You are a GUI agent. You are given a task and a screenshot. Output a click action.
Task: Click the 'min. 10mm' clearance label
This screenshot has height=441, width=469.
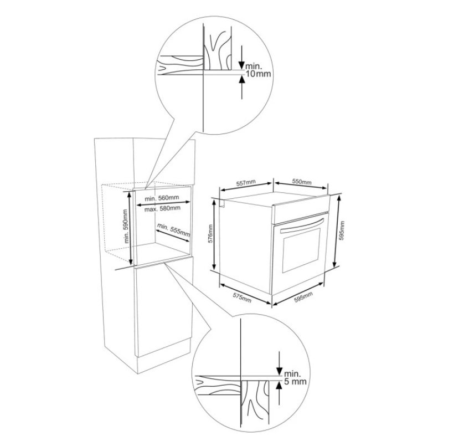(x=258, y=70)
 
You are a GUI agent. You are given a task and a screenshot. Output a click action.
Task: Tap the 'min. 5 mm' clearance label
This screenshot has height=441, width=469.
(x=295, y=377)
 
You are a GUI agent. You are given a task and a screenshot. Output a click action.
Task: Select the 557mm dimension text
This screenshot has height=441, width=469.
(x=246, y=183)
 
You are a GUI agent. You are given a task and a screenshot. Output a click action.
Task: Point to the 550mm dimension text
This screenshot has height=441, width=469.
(x=301, y=182)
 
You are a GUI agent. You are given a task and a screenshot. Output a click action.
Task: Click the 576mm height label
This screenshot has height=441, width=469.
(x=210, y=234)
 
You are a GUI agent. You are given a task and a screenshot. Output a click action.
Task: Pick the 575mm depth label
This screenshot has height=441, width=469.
(x=242, y=297)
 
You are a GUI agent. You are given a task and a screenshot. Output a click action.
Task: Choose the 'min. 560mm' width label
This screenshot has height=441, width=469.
(x=162, y=198)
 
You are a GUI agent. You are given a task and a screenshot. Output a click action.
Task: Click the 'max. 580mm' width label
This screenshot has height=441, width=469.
(x=162, y=208)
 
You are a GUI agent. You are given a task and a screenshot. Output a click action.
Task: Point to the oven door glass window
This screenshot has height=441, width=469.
(x=301, y=250)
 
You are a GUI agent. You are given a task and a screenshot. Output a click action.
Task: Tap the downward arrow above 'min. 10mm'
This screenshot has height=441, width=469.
(x=241, y=58)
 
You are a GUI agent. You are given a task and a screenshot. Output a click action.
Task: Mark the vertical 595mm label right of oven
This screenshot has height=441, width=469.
(x=342, y=230)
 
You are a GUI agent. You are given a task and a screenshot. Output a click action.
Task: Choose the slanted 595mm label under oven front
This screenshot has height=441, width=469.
(x=303, y=297)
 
